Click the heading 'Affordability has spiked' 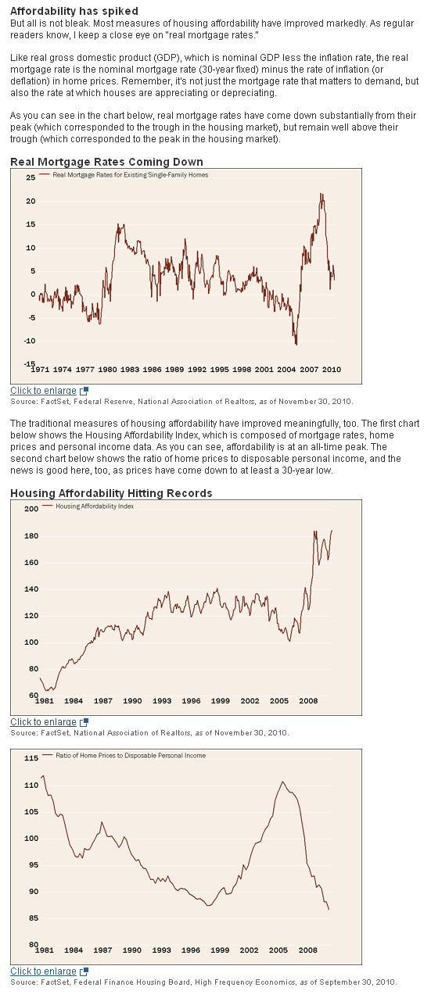tap(74, 11)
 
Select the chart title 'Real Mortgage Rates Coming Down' tap(106, 162)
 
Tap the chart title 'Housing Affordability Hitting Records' tap(110, 493)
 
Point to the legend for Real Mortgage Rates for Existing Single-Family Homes tap(130, 175)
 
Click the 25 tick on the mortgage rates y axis tap(31, 177)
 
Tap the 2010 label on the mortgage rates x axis tap(331, 369)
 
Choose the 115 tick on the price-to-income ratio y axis tap(31, 758)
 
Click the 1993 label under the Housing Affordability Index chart tap(162, 701)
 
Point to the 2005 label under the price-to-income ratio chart tap(278, 950)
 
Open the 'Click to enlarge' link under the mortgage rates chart tap(44, 391)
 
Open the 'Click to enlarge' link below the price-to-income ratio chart tap(44, 971)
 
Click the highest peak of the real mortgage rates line tap(321, 194)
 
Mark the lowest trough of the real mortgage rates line tap(296, 344)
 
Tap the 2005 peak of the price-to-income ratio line tap(282, 782)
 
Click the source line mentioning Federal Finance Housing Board tap(203, 982)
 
